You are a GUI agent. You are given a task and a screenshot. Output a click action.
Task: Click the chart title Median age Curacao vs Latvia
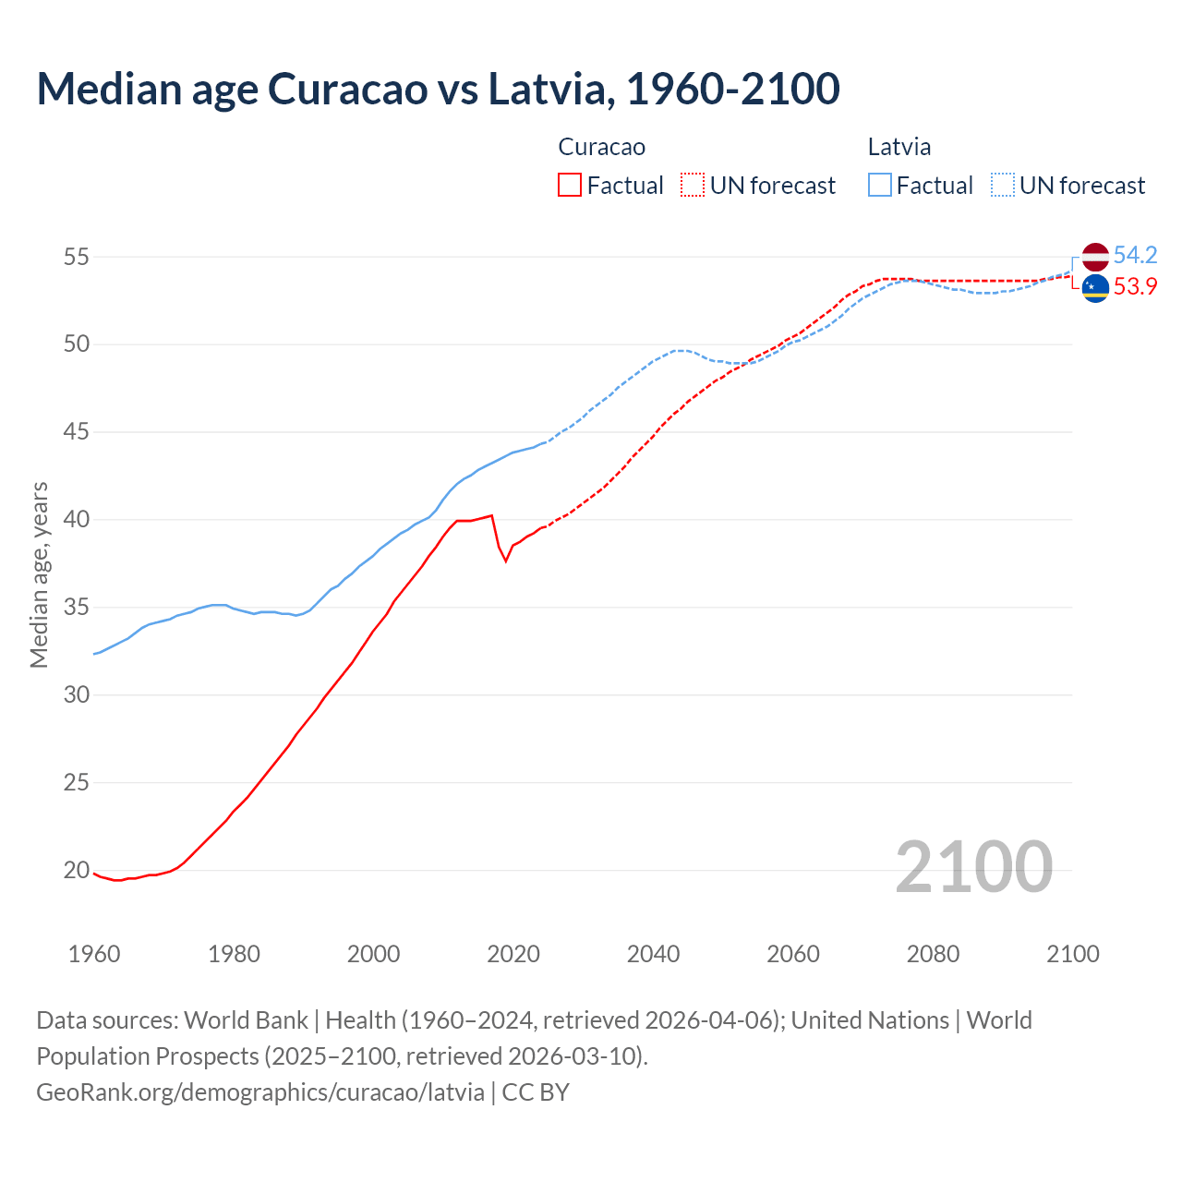point(438,90)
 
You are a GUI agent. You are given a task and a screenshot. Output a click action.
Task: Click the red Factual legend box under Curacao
point(570,186)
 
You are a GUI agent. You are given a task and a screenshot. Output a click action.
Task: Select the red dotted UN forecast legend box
point(693,186)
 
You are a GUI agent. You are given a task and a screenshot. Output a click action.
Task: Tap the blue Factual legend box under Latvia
point(880,186)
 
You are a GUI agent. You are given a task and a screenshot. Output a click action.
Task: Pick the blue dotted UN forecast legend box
point(1003,186)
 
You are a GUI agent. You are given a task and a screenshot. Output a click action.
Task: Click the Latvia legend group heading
point(899,147)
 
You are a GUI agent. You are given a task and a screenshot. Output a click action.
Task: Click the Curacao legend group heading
point(601,147)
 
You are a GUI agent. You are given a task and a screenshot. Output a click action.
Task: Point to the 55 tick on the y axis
point(76,257)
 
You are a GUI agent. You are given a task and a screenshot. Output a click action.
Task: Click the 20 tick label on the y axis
point(76,870)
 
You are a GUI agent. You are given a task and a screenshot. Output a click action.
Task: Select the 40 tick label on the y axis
point(76,520)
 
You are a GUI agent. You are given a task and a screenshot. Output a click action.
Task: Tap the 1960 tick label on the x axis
point(94,954)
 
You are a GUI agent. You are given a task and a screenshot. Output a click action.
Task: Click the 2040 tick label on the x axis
point(653,954)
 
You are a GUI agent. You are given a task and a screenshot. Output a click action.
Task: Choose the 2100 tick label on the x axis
point(1072,954)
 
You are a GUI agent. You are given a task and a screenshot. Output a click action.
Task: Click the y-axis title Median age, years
point(39,574)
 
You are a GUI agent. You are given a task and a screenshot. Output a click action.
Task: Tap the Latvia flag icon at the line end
point(1095,257)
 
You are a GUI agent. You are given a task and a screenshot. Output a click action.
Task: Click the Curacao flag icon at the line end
point(1095,288)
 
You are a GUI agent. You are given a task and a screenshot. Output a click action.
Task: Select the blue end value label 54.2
point(1135,255)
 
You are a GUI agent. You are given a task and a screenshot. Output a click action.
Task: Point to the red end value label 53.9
point(1135,287)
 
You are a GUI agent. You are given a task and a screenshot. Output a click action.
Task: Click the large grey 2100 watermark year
point(973,867)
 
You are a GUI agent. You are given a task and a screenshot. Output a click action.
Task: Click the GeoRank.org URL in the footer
point(259,1092)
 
